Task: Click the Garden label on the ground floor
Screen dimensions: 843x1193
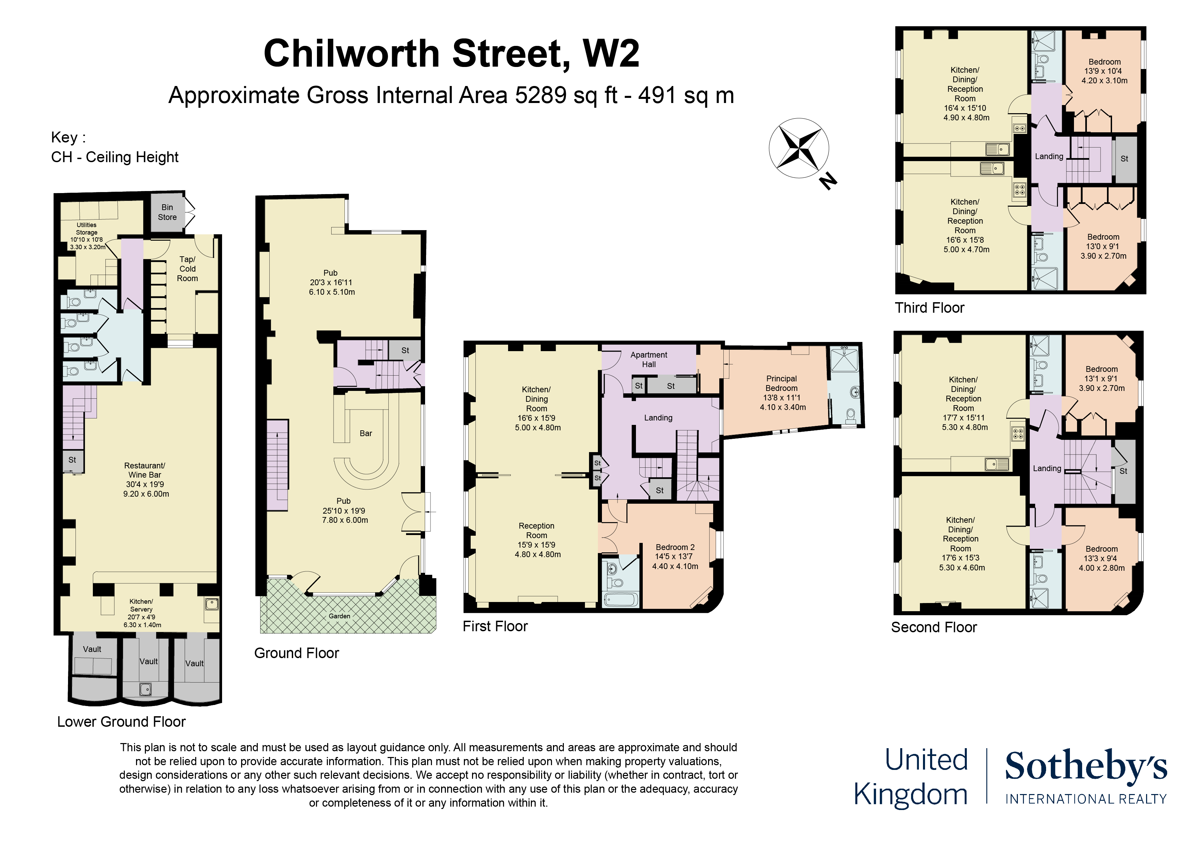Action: pyautogui.click(x=339, y=616)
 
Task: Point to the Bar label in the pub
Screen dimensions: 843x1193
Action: pyautogui.click(x=366, y=433)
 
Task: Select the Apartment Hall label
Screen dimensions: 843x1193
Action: pyautogui.click(x=649, y=359)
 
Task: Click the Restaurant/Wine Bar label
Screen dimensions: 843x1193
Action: pyautogui.click(x=145, y=470)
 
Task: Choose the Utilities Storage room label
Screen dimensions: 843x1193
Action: pyautogui.click(x=86, y=228)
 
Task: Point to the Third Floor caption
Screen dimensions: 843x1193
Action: pyautogui.click(x=929, y=308)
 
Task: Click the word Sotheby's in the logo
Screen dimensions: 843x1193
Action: pyautogui.click(x=1086, y=766)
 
